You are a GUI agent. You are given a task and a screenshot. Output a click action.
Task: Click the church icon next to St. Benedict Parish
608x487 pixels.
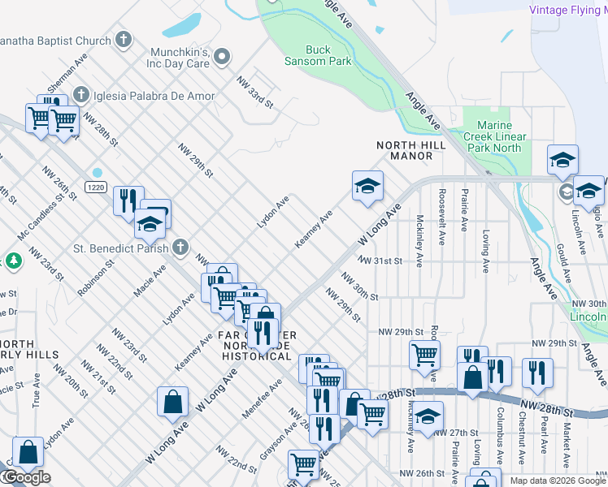click(180, 247)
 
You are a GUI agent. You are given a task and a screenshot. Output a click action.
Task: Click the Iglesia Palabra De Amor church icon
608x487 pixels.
click(80, 96)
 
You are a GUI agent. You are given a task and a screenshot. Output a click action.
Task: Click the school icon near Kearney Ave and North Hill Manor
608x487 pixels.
click(367, 186)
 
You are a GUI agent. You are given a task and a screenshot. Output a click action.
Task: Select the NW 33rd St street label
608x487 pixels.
click(254, 92)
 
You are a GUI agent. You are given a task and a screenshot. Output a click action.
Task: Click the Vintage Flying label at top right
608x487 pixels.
click(567, 10)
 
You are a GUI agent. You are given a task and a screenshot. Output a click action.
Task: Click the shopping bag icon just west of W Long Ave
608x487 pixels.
click(173, 402)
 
